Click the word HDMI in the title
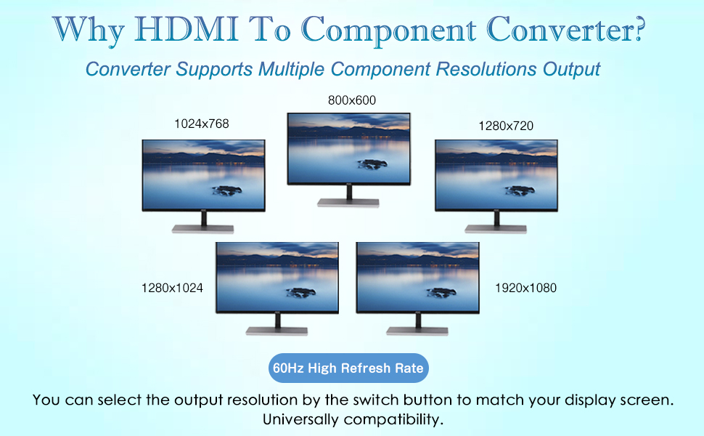[x=185, y=30]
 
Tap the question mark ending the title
[x=639, y=29]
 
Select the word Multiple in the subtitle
[x=291, y=69]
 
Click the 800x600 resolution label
[x=351, y=100]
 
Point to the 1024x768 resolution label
[x=202, y=124]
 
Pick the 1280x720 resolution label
[x=506, y=126]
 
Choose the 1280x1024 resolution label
[x=172, y=288]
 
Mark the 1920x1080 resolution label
[x=525, y=288]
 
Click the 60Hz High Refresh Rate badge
[x=348, y=368]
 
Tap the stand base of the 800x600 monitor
[x=348, y=203]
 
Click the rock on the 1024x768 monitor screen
[x=228, y=190]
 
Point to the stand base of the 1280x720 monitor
[x=496, y=229]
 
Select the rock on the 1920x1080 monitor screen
[x=441, y=293]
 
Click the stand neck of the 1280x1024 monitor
[x=277, y=320]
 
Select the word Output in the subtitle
[x=572, y=69]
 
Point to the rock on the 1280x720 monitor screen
[x=520, y=190]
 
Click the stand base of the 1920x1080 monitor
[x=417, y=331]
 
